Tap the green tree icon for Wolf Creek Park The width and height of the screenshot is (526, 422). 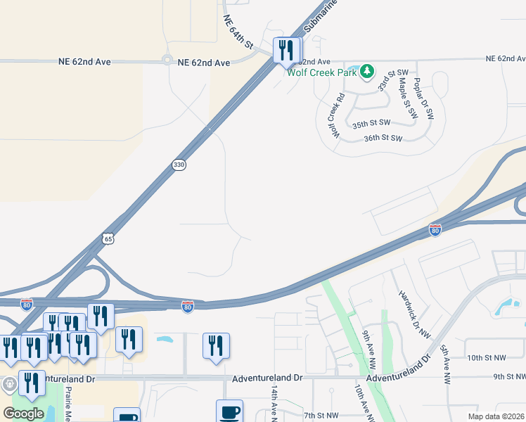point(367,71)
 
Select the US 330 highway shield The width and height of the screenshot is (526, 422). point(179,165)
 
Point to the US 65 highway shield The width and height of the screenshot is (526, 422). point(108,238)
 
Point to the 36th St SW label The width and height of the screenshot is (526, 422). point(383,139)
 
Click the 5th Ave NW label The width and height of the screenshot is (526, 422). point(444,364)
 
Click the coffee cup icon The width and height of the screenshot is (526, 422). point(229,411)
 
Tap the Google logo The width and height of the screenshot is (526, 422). point(24,413)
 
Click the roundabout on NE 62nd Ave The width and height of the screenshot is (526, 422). point(167,60)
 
